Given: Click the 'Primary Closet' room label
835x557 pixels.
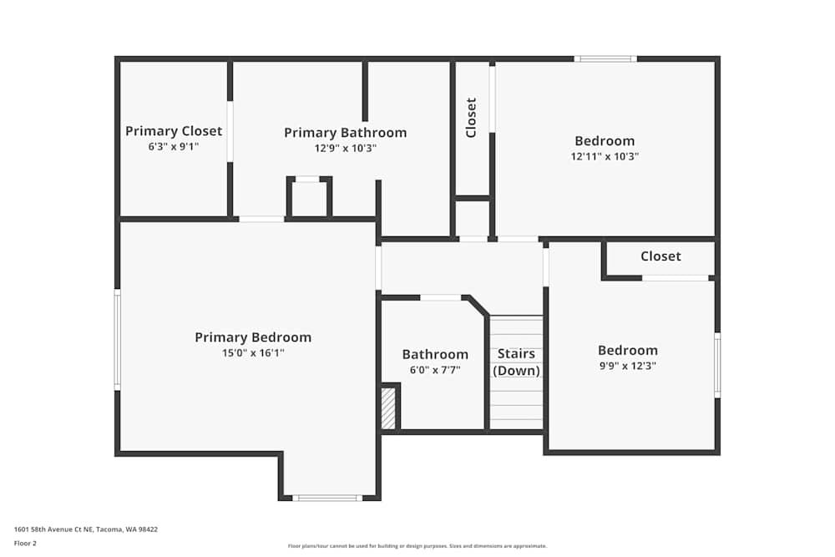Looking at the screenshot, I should [x=174, y=131].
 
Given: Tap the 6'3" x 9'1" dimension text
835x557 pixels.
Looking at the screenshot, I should [x=174, y=147].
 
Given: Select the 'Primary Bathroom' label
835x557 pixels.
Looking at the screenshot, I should [x=345, y=133].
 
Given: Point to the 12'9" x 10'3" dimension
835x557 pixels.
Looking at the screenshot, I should [x=345, y=149].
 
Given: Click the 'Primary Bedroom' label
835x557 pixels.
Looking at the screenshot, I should [x=253, y=337].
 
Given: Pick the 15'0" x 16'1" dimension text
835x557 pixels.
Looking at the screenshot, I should [x=253, y=353].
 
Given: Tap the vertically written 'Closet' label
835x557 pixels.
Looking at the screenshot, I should [x=471, y=118].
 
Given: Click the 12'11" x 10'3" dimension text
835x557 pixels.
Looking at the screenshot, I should [x=605, y=156].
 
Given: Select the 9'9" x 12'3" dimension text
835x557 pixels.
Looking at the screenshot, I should [x=627, y=366].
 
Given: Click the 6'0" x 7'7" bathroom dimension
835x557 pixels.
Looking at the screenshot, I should [x=435, y=370].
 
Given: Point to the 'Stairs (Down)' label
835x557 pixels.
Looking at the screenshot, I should [x=516, y=362].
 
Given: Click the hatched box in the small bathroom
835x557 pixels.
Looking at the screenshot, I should [x=388, y=408].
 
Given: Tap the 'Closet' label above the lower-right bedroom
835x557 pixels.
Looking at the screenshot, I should [x=660, y=256].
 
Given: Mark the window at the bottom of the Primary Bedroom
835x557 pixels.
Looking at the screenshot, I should [x=327, y=498].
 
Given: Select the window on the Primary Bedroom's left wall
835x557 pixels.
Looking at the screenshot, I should [x=118, y=339].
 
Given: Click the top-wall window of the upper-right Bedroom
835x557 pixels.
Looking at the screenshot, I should [x=605, y=59].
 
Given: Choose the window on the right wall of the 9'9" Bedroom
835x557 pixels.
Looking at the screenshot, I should [x=716, y=365].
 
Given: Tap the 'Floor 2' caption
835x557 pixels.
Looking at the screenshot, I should [x=25, y=543].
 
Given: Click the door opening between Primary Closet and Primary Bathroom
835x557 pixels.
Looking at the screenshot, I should [x=230, y=131].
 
